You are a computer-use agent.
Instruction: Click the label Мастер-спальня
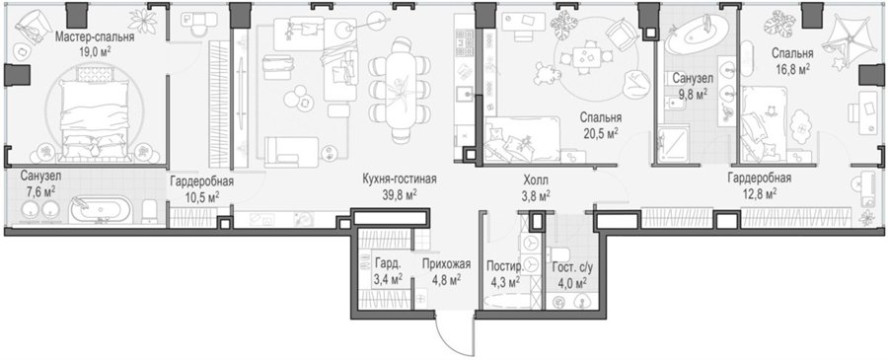click(95, 38)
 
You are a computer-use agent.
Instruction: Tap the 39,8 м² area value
click(400, 194)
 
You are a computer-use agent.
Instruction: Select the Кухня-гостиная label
click(400, 180)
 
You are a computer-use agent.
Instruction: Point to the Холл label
click(535, 181)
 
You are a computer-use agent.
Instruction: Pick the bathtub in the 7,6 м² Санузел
click(100, 209)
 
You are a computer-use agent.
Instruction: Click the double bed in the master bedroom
click(95, 119)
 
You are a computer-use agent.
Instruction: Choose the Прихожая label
click(446, 263)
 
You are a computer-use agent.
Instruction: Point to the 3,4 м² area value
click(389, 277)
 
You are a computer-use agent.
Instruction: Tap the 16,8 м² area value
click(792, 68)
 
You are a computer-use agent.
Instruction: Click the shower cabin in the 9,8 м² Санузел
click(673, 144)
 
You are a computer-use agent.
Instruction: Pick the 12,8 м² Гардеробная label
click(759, 179)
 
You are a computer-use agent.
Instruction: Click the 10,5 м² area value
click(202, 195)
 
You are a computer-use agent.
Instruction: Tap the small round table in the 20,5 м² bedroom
click(584, 56)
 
